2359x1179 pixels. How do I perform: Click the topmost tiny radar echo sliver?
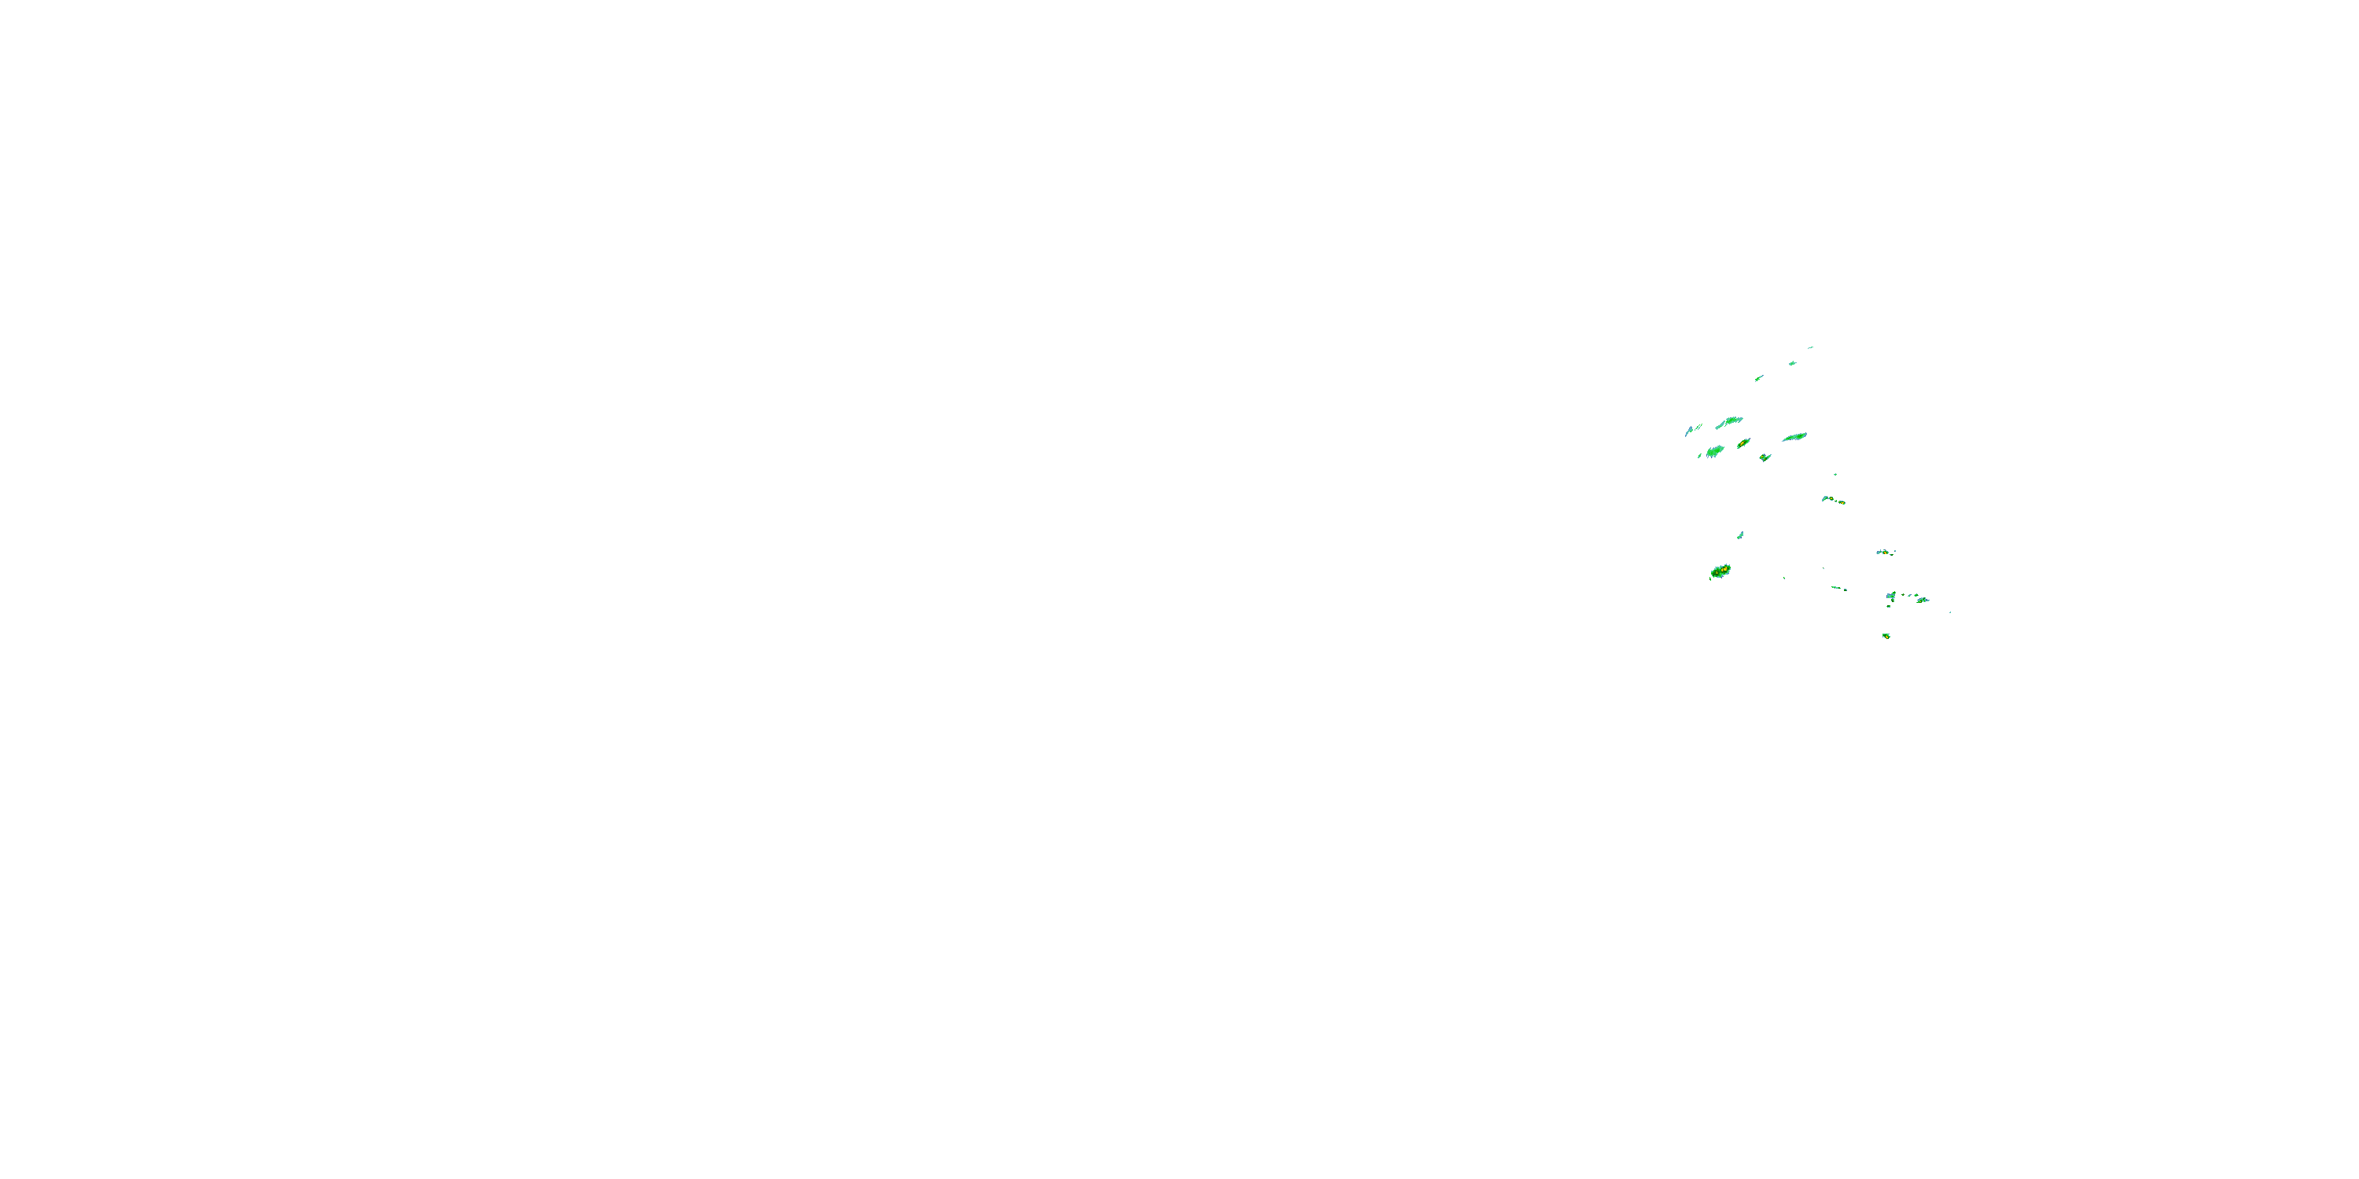tap(1810, 348)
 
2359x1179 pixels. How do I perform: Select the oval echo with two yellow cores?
tap(1720, 571)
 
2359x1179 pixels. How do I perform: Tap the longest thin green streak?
tap(1794, 437)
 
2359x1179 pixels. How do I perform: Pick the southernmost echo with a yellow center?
tap(1886, 635)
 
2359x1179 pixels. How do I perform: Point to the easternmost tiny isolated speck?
tap(1949, 612)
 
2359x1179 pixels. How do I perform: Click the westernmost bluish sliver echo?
tap(1687, 430)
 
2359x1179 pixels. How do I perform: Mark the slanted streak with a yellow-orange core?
tap(1743, 444)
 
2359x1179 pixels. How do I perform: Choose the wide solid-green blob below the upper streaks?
tap(1714, 450)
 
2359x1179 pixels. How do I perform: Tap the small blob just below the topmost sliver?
tap(1792, 362)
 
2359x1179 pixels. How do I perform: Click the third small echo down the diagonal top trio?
tap(1759, 377)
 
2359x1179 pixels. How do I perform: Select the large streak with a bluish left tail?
tap(1729, 422)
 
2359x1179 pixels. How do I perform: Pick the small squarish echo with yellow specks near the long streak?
tap(1765, 457)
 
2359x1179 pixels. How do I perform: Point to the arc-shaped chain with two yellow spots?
tap(1832, 500)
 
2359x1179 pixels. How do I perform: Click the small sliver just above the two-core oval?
tap(1740, 534)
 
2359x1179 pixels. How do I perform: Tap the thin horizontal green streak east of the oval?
tap(1838, 588)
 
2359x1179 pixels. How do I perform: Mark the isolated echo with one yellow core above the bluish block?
tap(1884, 552)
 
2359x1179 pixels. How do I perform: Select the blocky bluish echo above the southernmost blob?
tap(1891, 597)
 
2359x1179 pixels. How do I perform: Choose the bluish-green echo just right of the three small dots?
tap(1921, 600)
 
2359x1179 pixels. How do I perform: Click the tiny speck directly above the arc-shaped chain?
tap(1835, 474)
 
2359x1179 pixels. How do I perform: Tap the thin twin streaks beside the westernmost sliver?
tap(1698, 427)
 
